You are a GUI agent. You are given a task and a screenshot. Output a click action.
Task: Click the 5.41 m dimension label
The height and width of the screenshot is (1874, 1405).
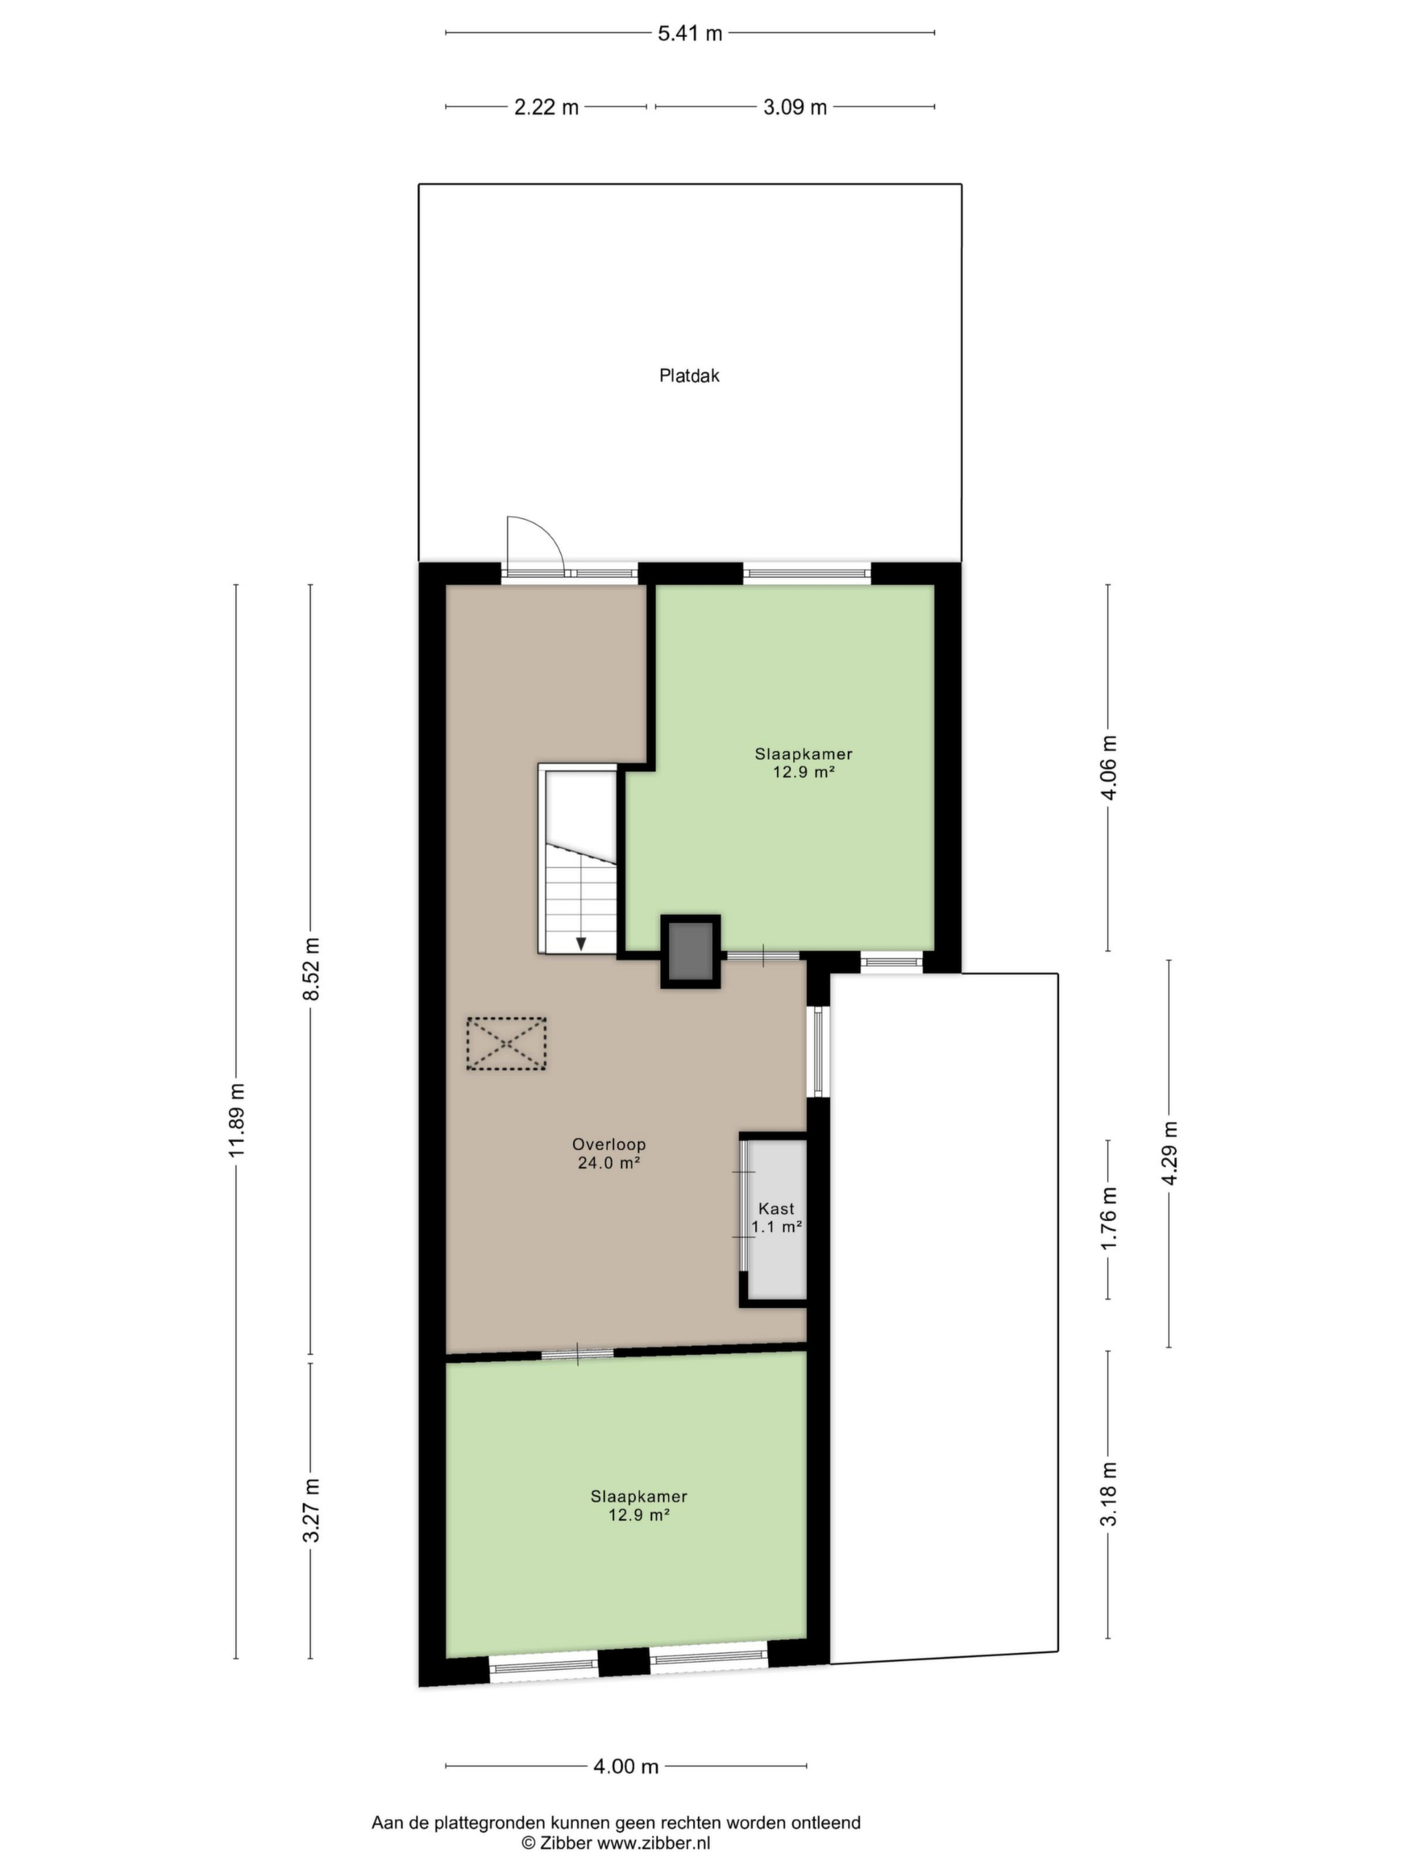click(x=689, y=34)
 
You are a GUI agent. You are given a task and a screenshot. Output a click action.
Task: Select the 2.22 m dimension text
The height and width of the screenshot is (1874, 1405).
click(x=546, y=108)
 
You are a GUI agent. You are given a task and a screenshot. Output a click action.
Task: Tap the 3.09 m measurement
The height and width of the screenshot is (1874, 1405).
click(x=795, y=108)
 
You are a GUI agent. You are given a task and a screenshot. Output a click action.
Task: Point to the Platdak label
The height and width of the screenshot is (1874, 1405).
click(x=689, y=376)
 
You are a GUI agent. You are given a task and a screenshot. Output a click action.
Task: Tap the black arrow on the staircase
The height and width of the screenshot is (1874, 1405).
click(x=581, y=943)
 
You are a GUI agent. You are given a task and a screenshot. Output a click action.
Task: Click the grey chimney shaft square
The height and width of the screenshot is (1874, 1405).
click(x=691, y=952)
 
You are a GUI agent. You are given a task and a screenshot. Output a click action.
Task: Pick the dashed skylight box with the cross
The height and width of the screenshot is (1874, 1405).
click(x=506, y=1044)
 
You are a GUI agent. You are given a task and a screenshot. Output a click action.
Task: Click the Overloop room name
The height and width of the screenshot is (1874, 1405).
click(x=609, y=1143)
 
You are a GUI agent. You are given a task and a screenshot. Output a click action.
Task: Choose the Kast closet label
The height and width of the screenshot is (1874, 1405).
click(x=776, y=1208)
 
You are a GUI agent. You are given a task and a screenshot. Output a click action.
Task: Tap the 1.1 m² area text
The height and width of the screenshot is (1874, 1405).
click(x=776, y=1227)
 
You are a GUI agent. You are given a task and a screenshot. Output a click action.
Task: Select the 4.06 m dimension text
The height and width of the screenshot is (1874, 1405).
click(x=1110, y=766)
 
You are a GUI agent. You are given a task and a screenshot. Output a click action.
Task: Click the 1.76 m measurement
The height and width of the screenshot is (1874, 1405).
click(x=1110, y=1218)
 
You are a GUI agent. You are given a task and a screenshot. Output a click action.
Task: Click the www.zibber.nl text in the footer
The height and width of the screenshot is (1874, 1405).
click(x=655, y=1843)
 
